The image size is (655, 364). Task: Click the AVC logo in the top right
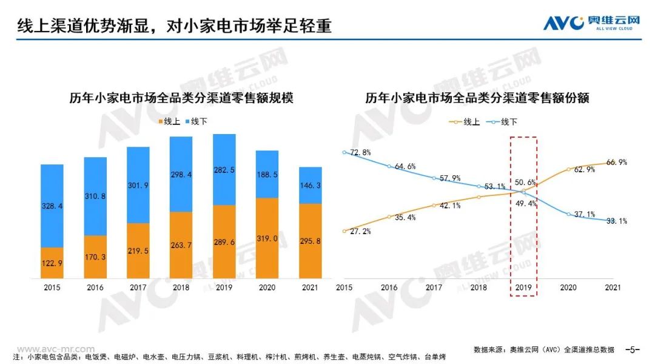point(591,22)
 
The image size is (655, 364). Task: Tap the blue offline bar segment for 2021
point(311,185)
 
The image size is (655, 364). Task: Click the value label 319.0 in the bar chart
point(267,238)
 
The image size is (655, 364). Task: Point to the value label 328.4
point(52,206)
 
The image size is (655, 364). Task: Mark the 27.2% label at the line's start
point(360,232)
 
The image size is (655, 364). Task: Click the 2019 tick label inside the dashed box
point(523,289)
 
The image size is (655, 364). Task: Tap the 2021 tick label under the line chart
point(613,289)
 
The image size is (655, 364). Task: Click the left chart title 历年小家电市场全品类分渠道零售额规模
point(182,98)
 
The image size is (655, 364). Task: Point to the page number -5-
point(633,349)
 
